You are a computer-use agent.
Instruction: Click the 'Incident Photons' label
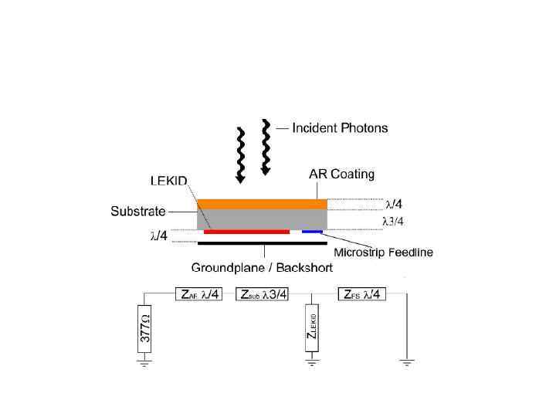(340, 128)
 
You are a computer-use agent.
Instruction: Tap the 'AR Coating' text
(342, 175)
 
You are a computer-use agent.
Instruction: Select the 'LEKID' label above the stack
(167, 181)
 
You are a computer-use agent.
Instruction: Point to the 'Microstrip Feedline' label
(383, 252)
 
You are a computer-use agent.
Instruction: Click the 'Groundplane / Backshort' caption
(262, 268)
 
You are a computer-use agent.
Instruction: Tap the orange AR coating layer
(262, 204)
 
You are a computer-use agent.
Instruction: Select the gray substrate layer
(262, 218)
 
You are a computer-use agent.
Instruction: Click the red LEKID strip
(246, 231)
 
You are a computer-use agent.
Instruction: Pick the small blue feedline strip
(312, 231)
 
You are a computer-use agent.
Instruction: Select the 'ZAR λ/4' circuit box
(199, 294)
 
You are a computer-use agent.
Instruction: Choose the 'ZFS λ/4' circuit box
(361, 294)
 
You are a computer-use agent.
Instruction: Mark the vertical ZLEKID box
(311, 328)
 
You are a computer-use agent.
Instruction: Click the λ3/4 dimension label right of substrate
(394, 221)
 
